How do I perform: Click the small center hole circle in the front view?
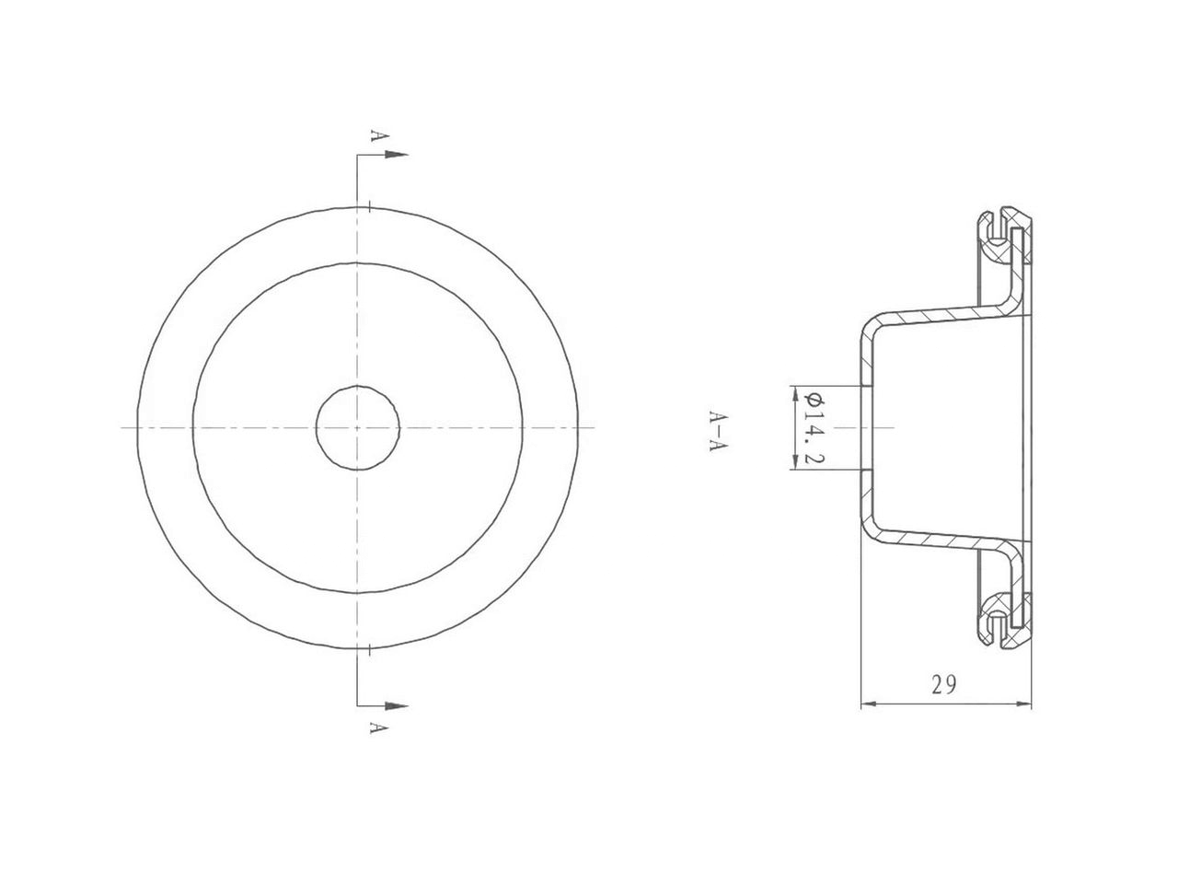357,426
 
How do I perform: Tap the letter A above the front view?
374,135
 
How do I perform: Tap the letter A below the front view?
374,727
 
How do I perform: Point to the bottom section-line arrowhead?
396,706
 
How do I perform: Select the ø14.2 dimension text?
813,428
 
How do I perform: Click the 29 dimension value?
943,684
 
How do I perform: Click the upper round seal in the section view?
997,249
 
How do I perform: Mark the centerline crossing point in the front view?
357,426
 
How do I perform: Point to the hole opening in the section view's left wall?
864,428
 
